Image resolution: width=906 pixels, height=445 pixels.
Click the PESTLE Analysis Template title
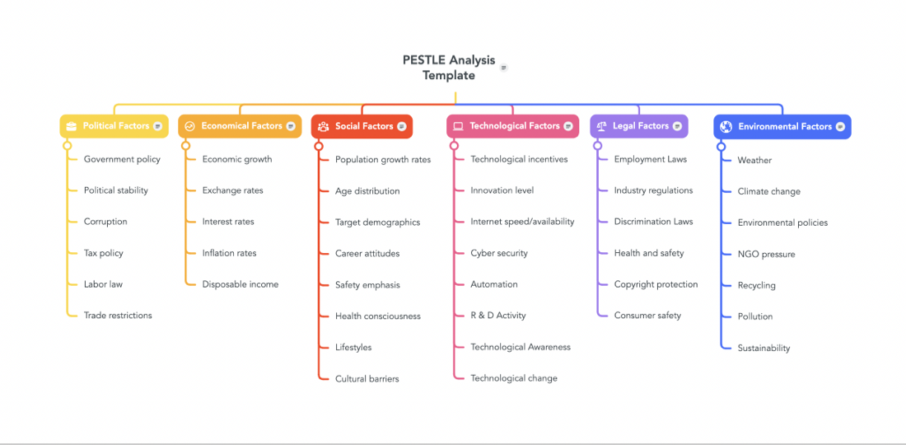(x=449, y=68)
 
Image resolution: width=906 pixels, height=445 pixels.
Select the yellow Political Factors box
(x=114, y=126)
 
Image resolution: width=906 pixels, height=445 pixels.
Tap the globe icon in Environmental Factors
(x=726, y=127)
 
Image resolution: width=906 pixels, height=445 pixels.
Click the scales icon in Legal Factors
(x=601, y=126)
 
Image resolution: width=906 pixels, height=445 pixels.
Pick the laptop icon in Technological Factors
(x=458, y=126)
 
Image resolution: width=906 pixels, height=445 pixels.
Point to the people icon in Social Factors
(x=324, y=127)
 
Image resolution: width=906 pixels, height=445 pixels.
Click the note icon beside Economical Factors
(x=291, y=126)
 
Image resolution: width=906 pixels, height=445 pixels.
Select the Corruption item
(x=105, y=222)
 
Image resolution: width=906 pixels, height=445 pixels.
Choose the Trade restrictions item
(x=118, y=315)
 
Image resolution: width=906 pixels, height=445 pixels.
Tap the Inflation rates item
(x=230, y=252)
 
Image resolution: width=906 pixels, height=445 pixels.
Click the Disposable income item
(x=241, y=283)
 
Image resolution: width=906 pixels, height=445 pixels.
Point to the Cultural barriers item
(x=367, y=378)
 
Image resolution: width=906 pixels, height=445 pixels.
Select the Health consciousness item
(x=378, y=316)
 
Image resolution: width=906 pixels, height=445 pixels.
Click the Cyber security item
(x=499, y=252)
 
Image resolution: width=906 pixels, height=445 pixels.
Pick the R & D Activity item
(x=498, y=315)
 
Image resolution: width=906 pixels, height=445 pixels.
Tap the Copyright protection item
(x=656, y=283)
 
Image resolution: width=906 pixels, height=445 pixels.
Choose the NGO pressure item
(x=766, y=254)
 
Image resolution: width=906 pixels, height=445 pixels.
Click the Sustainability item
(x=764, y=348)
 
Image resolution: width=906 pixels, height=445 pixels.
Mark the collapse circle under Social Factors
(x=319, y=147)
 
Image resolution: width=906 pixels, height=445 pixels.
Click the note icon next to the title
(x=504, y=68)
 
